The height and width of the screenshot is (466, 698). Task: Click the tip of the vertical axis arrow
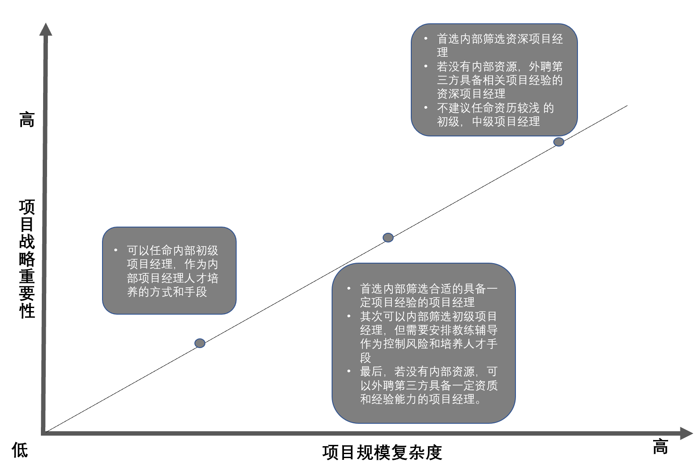point(46,23)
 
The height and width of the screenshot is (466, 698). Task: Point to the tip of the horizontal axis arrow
point(693,433)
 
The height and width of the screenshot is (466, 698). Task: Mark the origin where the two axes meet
point(44,433)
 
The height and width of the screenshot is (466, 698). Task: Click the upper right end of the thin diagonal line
point(627,106)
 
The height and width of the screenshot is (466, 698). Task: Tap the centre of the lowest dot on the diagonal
point(200,343)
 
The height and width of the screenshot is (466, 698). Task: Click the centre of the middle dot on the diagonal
point(388,238)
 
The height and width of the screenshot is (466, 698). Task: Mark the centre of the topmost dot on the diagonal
point(559,142)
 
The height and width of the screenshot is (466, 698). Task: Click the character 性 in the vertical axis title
point(27,311)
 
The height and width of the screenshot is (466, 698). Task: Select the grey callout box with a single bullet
point(169,271)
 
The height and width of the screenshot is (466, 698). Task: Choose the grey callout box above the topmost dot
point(494,80)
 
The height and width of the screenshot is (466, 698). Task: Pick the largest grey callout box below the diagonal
point(424,343)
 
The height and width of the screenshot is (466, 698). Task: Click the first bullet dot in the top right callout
point(426,39)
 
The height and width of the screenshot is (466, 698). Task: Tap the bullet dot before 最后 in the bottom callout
point(349,371)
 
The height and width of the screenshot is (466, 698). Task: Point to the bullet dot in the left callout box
point(116,250)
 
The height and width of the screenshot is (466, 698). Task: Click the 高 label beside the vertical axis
point(27,120)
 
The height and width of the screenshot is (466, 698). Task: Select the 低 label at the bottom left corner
point(20,450)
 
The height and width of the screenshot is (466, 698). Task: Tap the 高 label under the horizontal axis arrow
point(661,447)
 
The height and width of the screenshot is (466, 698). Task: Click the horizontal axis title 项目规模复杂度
point(382,453)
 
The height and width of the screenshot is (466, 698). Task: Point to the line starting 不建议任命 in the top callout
point(495,108)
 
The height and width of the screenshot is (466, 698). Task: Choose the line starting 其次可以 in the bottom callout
point(428,316)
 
